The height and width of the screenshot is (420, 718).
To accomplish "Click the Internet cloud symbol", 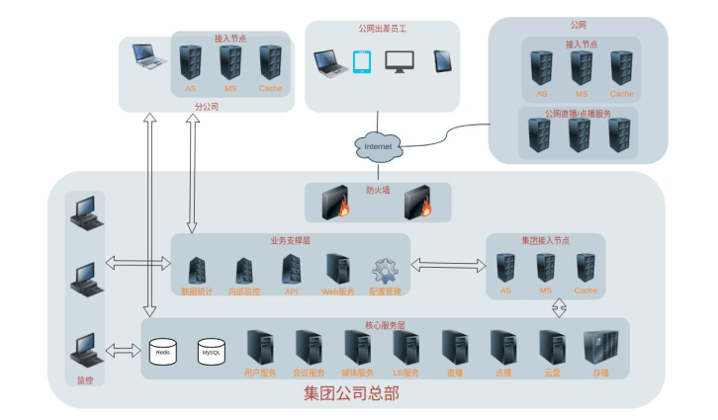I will click(379, 146).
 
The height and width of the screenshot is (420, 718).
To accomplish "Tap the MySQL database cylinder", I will click(212, 352).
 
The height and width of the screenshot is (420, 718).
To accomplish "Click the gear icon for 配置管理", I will click(384, 271).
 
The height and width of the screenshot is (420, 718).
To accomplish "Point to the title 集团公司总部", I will click(351, 394).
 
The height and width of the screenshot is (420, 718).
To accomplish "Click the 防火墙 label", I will click(378, 190).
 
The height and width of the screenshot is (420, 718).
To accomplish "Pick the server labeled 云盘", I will click(552, 348).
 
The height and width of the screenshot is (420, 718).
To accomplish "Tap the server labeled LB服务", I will click(405, 348).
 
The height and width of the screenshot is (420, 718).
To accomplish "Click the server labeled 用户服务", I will click(260, 348).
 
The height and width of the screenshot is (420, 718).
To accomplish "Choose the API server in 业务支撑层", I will click(292, 269).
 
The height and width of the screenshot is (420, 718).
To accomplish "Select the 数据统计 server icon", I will click(196, 270).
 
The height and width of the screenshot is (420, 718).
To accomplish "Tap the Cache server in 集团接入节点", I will click(586, 268).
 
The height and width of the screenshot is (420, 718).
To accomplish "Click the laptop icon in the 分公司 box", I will click(148, 57).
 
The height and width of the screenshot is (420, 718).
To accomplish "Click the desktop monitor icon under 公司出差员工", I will click(401, 62).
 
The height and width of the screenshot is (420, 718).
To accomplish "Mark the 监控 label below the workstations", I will click(85, 378).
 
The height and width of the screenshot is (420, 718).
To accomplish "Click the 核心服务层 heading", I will click(385, 324).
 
